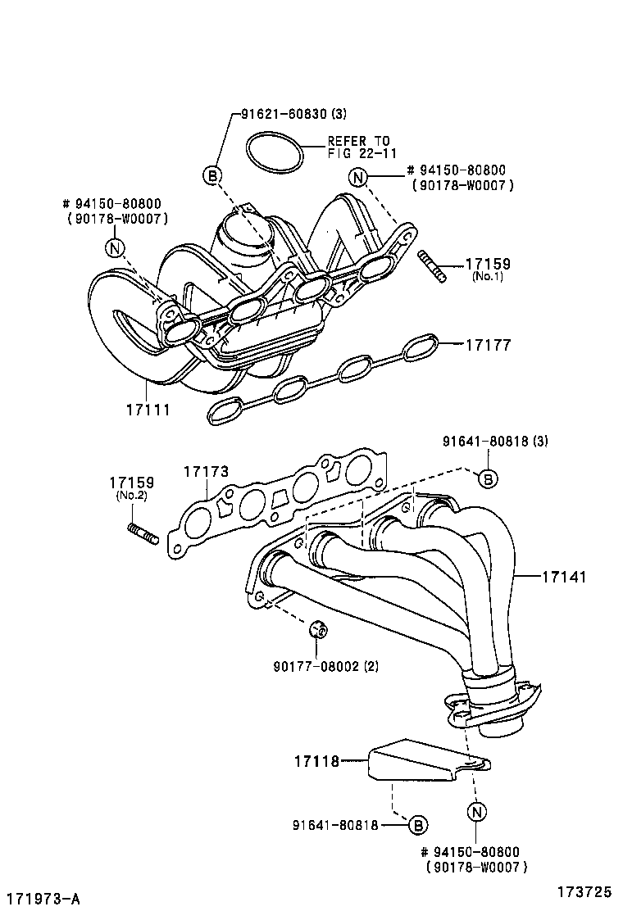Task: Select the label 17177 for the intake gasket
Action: pyautogui.click(x=489, y=346)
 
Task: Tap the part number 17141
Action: pyautogui.click(x=563, y=577)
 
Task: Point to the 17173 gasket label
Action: pyautogui.click(x=206, y=471)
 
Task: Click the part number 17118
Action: pyautogui.click(x=316, y=762)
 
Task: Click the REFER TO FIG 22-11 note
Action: pyautogui.click(x=359, y=147)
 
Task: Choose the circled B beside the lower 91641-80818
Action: pyautogui.click(x=417, y=825)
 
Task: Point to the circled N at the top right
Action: pyautogui.click(x=357, y=177)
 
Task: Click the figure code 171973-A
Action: pyautogui.click(x=42, y=900)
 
